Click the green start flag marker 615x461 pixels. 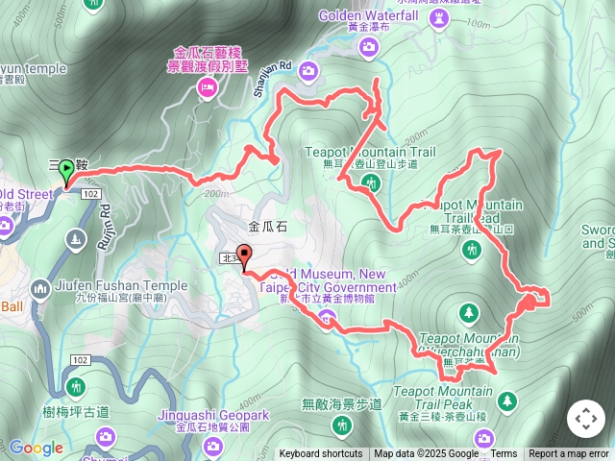click(x=65, y=172)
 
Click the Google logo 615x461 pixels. click(x=36, y=448)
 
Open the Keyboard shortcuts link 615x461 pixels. click(x=321, y=454)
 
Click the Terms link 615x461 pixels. click(x=504, y=454)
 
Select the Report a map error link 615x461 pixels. click(x=570, y=454)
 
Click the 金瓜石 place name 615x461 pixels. click(x=267, y=228)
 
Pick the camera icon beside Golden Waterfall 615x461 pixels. click(x=309, y=69)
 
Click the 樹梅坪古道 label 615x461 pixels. click(x=77, y=412)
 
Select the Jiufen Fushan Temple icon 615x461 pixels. click(x=39, y=287)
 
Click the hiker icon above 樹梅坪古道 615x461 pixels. click(x=77, y=387)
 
